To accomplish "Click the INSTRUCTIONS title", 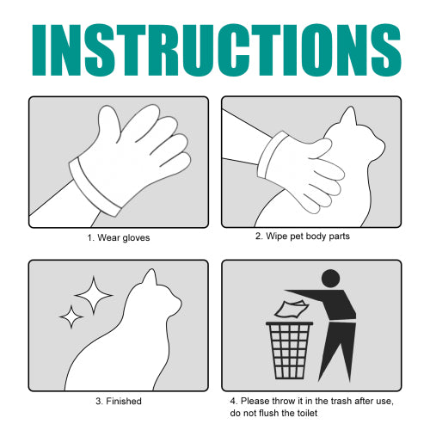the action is (217, 50).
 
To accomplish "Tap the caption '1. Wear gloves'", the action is (119, 237).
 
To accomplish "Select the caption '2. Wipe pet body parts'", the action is (303, 236).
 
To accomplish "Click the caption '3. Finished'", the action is (119, 401).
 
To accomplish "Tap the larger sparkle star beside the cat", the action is (94, 295).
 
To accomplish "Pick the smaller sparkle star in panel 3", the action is (71, 316).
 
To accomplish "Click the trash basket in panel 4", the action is (290, 350).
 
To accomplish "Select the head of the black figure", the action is (331, 278).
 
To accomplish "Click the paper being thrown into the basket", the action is (292, 309).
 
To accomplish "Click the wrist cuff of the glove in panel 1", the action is (95, 187).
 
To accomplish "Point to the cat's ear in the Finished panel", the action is (150, 277).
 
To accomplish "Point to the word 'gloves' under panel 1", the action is (136, 238).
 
